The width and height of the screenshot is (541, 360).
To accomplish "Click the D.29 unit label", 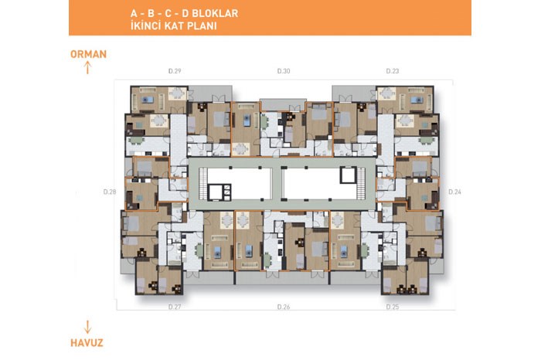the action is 175,71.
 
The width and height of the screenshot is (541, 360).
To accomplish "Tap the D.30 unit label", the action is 284,71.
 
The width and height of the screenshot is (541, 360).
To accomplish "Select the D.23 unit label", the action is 393,71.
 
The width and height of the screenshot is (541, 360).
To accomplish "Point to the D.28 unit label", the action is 110,192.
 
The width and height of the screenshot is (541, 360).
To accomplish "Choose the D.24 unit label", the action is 454,192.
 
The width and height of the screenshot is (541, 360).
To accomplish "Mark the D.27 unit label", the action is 175,307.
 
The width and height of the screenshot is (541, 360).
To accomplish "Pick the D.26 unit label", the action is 284,307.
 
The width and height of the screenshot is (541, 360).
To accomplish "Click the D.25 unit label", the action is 393,307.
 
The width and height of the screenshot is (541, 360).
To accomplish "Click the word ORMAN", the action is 88,54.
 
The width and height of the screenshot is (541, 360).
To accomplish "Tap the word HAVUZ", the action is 87,343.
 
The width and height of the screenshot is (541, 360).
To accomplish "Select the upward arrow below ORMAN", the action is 87,67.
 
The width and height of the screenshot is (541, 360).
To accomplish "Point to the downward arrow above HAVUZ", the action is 87,327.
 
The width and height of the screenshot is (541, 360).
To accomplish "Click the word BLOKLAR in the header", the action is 215,13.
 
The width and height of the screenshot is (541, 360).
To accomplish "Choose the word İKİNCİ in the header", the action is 145,25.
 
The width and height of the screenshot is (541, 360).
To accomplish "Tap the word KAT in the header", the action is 174,25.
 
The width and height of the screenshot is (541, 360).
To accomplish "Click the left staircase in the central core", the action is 203,183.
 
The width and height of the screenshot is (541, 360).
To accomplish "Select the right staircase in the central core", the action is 361,183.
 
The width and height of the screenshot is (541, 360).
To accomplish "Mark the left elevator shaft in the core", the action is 216,192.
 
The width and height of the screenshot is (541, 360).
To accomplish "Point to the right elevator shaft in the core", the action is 348,175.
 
